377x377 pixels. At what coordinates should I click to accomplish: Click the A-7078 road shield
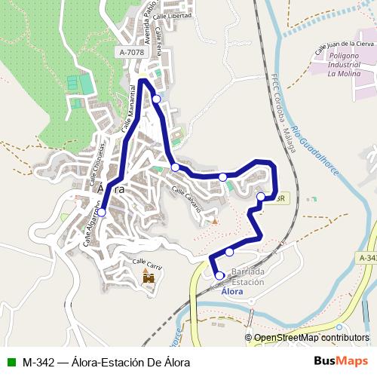131,52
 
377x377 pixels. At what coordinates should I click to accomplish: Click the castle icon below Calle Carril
149,277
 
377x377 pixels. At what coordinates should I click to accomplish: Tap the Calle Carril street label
149,264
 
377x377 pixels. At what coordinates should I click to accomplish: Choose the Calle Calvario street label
188,200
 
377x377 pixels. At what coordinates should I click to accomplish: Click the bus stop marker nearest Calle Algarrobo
102,213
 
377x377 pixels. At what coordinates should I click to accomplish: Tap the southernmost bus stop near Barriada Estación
219,276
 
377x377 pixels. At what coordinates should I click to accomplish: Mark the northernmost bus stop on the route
156,99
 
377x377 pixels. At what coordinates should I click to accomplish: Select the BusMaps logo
341,361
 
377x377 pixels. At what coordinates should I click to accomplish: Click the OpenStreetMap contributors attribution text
309,339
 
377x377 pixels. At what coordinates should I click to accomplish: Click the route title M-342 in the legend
38,362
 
